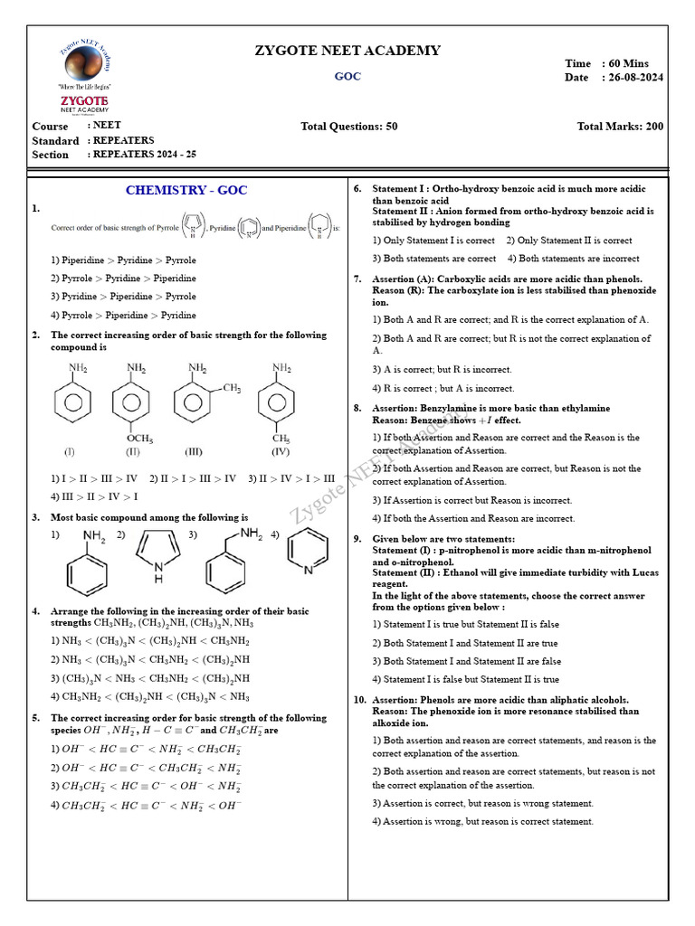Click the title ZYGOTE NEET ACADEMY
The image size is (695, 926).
pyautogui.click(x=347, y=51)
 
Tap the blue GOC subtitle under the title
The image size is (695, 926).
pyautogui.click(x=347, y=76)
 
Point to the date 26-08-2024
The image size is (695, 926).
pyautogui.click(x=633, y=78)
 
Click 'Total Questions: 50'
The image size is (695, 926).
pyautogui.click(x=348, y=127)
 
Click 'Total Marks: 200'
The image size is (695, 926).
pyautogui.click(x=620, y=127)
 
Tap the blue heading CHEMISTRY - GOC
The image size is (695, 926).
pyautogui.click(x=186, y=190)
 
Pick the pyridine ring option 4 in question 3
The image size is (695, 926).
pyautogui.click(x=309, y=553)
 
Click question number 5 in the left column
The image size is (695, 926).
pyautogui.click(x=35, y=718)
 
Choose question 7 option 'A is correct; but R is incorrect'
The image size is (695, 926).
pyautogui.click(x=442, y=369)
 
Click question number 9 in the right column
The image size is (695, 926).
pyautogui.click(x=357, y=538)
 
